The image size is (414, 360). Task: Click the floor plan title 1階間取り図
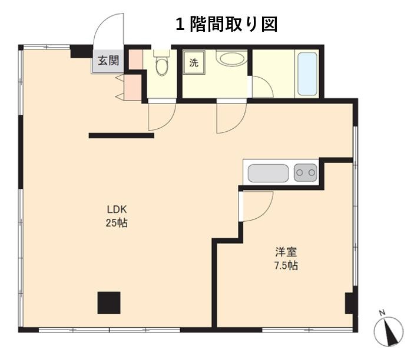[x=227, y=25]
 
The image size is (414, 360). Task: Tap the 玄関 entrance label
[x=108, y=61]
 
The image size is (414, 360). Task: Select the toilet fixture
[x=161, y=62]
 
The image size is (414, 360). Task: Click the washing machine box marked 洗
[x=194, y=63]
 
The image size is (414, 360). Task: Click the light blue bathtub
[x=307, y=74]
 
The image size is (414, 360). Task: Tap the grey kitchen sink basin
[x=268, y=174]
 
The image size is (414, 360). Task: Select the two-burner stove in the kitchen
[x=306, y=173]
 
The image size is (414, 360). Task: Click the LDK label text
[x=117, y=209]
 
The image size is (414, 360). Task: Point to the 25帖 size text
[x=117, y=223]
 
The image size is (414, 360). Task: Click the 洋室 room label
[x=286, y=252]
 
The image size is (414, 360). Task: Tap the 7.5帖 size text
[x=286, y=265]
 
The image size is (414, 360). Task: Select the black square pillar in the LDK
[x=109, y=303]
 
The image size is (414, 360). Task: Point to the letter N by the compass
[x=382, y=313]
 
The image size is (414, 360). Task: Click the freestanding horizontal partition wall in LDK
[x=121, y=135]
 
